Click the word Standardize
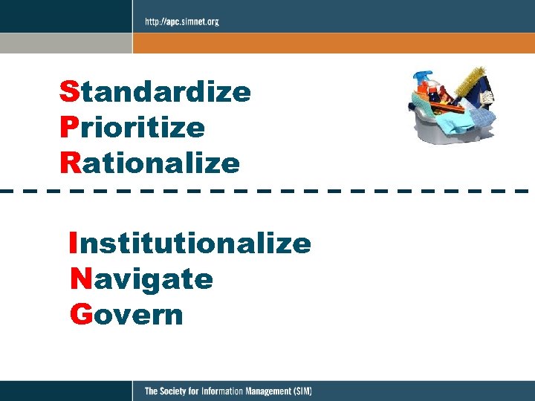(155, 93)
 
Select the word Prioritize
(132, 128)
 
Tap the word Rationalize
(150, 163)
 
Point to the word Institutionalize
(190, 243)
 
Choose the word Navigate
(142, 279)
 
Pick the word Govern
(126, 314)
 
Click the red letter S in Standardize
(68, 93)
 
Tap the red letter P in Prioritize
(68, 128)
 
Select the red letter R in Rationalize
(69, 163)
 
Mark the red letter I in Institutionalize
(72, 243)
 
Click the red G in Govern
(80, 314)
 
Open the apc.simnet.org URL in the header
(181, 22)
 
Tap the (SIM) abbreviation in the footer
(302, 391)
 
